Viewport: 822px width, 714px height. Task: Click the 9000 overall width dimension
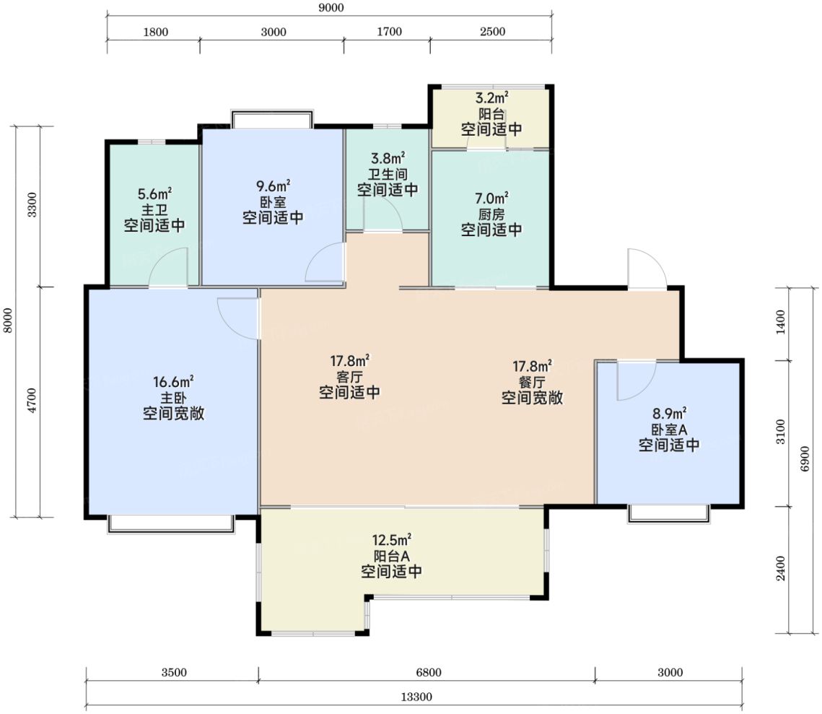pos(331,7)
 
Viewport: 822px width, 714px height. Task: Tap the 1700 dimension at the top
pos(390,32)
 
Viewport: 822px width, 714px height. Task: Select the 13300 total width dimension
pos(416,697)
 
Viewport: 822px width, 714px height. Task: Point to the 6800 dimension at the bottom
pos(428,672)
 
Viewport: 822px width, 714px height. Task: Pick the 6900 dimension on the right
pos(805,458)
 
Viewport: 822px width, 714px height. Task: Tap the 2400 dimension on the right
pos(781,568)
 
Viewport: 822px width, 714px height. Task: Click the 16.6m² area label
pos(173,381)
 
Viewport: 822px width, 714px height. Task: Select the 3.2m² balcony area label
pos(491,97)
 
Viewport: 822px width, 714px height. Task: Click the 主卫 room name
pos(154,209)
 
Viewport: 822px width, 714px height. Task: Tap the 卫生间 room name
pos(388,174)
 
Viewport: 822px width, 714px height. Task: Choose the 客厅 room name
pos(350,376)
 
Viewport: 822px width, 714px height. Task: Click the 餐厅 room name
pos(532,382)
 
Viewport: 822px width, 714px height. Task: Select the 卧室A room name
pos(669,430)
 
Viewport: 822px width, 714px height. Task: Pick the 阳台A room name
pos(392,556)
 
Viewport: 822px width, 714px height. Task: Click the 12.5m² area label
pos(392,539)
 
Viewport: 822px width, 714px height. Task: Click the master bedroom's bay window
pos(171,523)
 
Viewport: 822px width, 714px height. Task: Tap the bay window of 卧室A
pos(669,513)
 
